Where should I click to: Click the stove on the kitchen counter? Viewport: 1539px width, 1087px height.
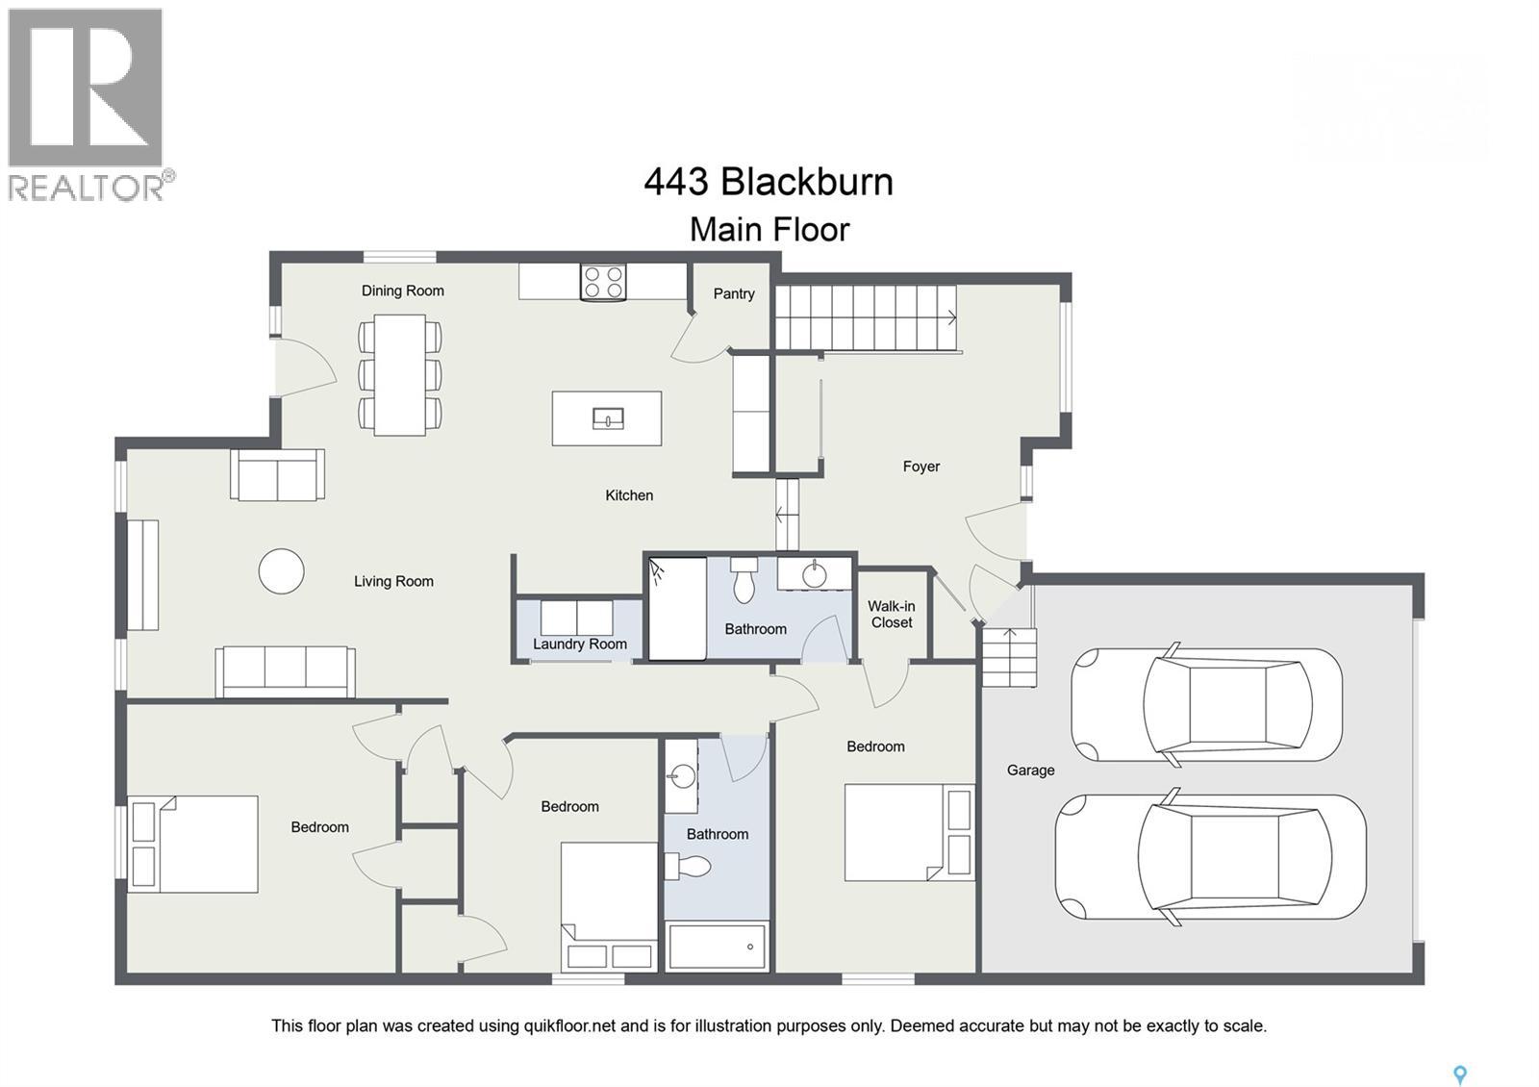point(603,282)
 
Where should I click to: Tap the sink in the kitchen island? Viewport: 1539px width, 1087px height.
point(607,418)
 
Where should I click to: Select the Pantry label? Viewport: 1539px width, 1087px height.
point(734,293)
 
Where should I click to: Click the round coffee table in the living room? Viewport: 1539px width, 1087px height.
point(282,571)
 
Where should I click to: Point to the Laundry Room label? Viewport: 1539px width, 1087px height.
point(580,644)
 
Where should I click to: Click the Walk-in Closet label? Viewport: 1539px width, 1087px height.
point(892,614)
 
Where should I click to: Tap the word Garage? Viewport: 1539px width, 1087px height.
point(1030,770)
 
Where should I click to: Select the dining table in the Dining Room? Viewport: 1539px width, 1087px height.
point(400,374)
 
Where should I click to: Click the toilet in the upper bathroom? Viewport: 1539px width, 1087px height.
point(744,579)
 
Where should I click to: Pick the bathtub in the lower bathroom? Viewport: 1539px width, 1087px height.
point(717,947)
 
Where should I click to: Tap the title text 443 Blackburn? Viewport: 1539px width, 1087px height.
point(769,182)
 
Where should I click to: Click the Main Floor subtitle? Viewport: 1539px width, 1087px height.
point(769,230)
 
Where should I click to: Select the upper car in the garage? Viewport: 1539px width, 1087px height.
point(1206,704)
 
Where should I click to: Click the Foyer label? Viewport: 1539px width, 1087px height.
point(921,467)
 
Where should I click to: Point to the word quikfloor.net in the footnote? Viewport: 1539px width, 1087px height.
point(568,1025)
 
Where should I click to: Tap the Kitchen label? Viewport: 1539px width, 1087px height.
point(629,495)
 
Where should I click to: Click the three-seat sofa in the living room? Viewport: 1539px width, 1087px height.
point(285,670)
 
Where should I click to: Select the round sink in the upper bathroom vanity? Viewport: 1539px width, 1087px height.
point(814,575)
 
